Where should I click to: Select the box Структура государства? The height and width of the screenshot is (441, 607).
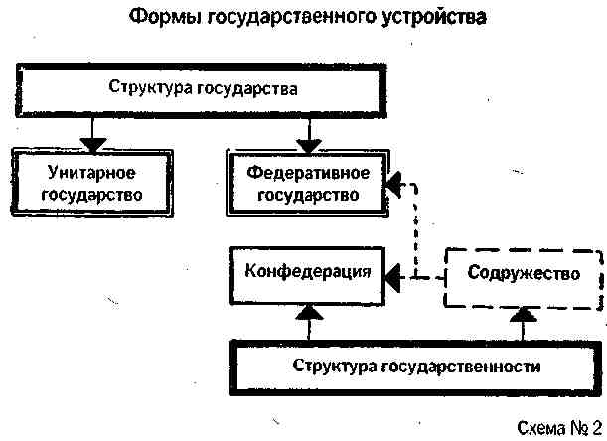204,89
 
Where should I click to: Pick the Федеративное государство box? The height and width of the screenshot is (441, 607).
307,183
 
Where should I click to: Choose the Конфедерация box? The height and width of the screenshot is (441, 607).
309,271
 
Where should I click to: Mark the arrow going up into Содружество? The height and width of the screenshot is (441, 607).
526,318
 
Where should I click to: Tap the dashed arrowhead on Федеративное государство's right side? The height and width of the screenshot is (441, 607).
394,184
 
